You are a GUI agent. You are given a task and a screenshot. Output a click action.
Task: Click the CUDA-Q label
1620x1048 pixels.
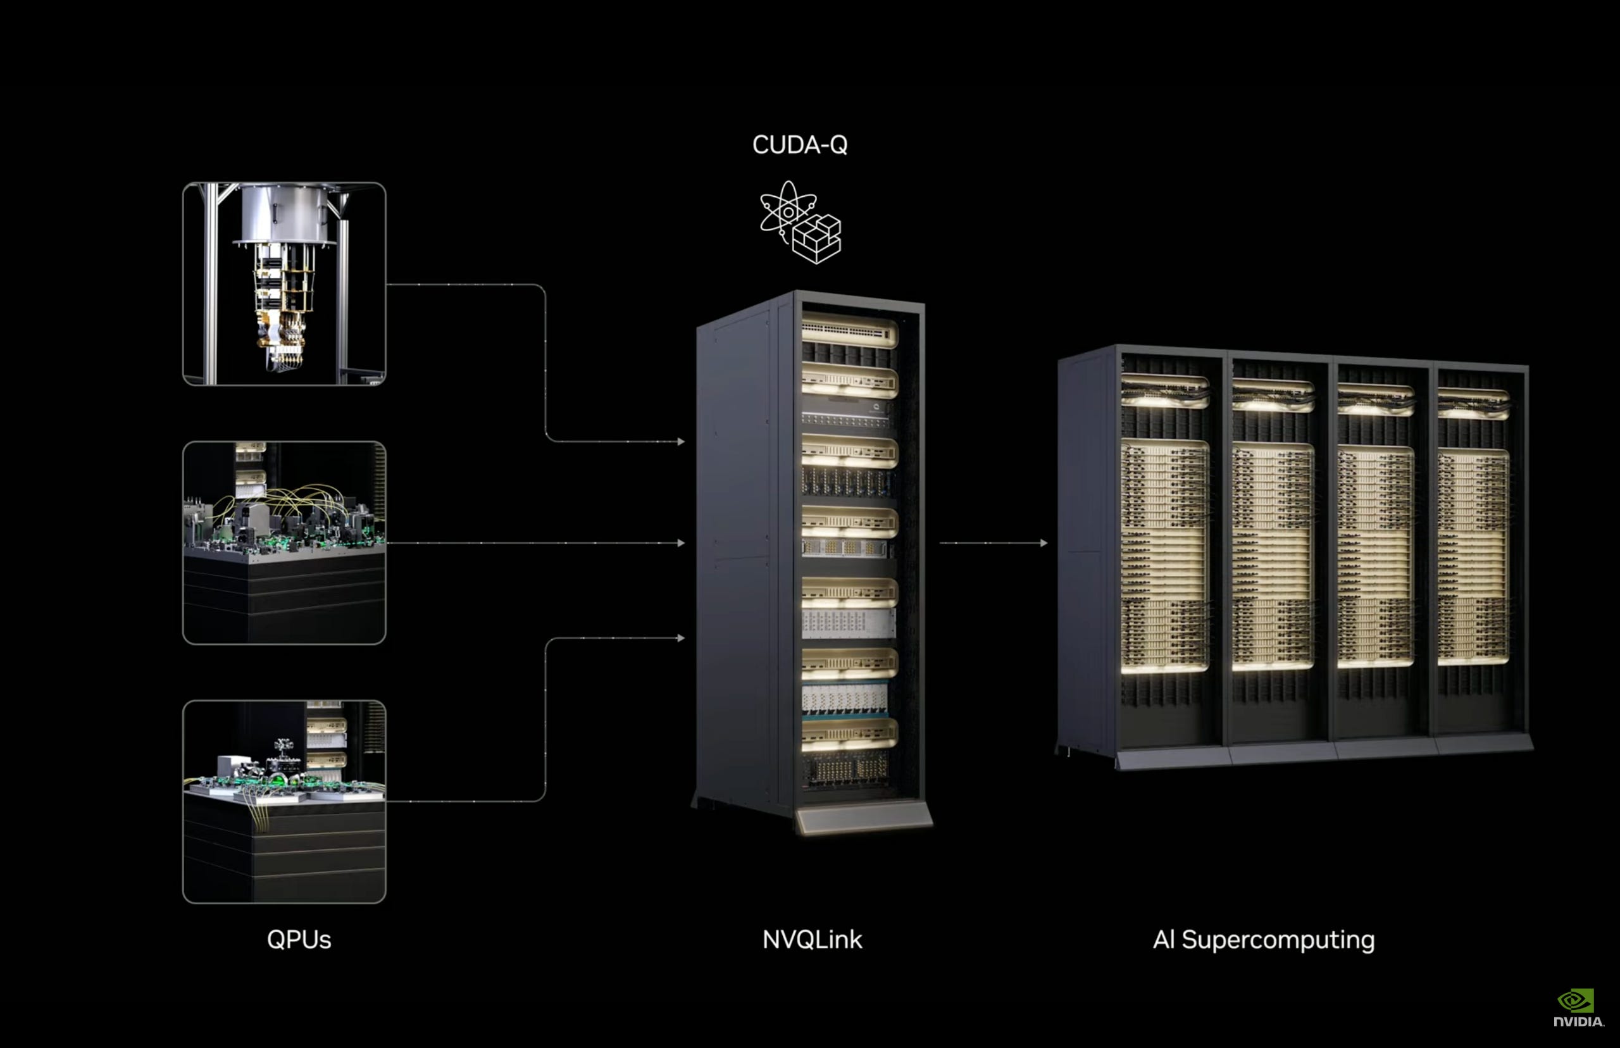pyautogui.click(x=799, y=144)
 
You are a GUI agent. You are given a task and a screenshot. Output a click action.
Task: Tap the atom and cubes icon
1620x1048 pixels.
pyautogui.click(x=800, y=222)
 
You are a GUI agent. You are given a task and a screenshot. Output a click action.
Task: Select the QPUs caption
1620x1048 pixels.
pyautogui.click(x=299, y=940)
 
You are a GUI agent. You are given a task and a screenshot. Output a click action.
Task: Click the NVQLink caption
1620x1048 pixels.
pyautogui.click(x=812, y=940)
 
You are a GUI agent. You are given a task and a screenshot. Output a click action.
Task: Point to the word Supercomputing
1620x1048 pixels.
pyautogui.click(x=1278, y=940)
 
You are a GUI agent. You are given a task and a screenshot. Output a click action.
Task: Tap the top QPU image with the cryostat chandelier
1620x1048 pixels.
pyautogui.click(x=284, y=284)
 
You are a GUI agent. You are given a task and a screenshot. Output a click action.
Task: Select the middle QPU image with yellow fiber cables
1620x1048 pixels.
pyautogui.click(x=284, y=542)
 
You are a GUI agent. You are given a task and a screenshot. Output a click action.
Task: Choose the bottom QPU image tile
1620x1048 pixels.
pyautogui.click(x=284, y=801)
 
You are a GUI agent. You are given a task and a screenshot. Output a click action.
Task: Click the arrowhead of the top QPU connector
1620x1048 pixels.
pyautogui.click(x=681, y=442)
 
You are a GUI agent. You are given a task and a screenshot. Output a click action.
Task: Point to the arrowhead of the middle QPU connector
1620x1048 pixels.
pyautogui.click(x=681, y=543)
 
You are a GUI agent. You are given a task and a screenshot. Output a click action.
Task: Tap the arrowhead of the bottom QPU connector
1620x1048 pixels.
pyautogui.click(x=681, y=639)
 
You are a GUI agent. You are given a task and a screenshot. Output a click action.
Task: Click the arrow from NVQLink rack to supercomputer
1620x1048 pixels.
pyautogui.click(x=994, y=543)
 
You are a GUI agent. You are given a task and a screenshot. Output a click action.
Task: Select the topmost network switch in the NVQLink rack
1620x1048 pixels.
pyautogui.click(x=849, y=332)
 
